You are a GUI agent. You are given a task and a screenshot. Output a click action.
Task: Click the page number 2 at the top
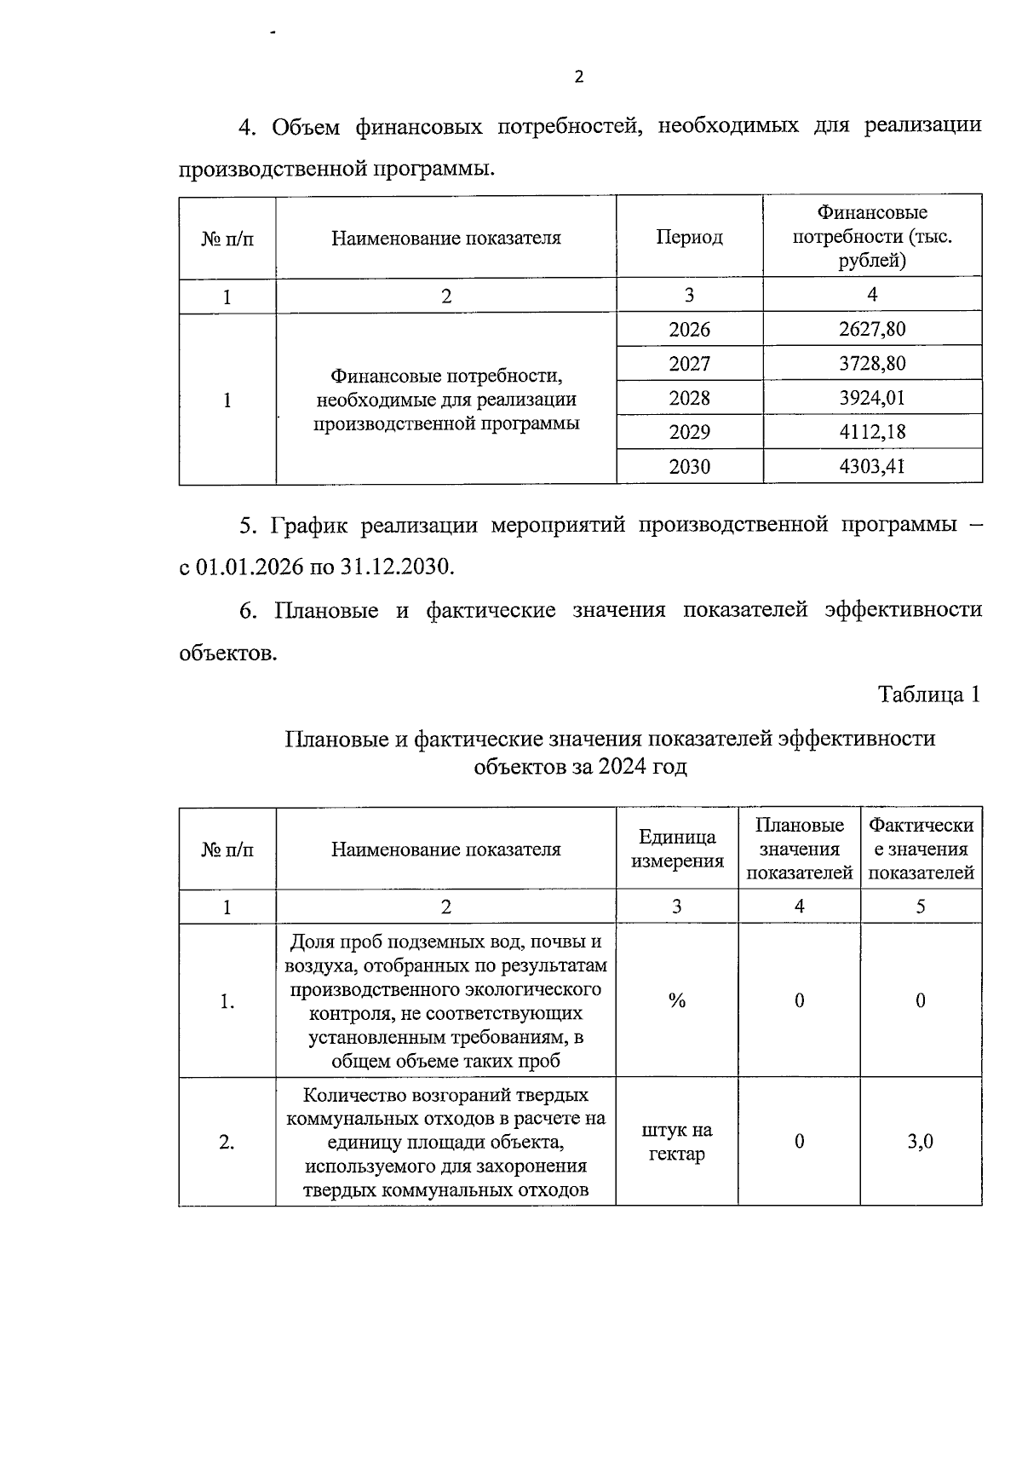pos(579,78)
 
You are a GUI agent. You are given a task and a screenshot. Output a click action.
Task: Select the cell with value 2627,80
pos(872,329)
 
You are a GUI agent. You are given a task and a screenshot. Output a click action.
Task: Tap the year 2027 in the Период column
pos(689,364)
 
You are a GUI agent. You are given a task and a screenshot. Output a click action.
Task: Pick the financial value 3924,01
pos(872,398)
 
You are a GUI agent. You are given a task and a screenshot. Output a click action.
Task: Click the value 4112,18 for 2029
pos(872,432)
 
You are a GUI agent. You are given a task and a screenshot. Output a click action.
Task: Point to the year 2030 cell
pos(689,467)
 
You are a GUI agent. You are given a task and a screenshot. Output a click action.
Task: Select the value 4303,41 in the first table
pos(872,467)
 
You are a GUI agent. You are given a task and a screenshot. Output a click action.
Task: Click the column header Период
pos(689,238)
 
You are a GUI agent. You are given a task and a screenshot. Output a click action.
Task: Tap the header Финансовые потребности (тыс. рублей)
pos(872,236)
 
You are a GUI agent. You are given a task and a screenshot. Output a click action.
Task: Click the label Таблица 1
pos(929,694)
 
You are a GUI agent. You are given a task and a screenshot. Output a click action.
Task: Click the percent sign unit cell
pos(676,1001)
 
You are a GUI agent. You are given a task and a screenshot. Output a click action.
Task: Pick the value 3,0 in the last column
pos(920,1142)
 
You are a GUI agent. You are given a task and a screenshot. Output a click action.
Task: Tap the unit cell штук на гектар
pos(676,1142)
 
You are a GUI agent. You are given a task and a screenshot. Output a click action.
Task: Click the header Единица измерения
pos(676,849)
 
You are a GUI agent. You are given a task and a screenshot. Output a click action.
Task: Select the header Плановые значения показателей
pos(799,849)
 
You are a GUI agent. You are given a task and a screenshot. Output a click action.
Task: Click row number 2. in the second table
pos(227,1142)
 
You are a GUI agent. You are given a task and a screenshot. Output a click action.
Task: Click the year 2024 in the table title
pos(623,767)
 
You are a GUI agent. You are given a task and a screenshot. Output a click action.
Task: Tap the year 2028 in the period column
pos(689,398)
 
